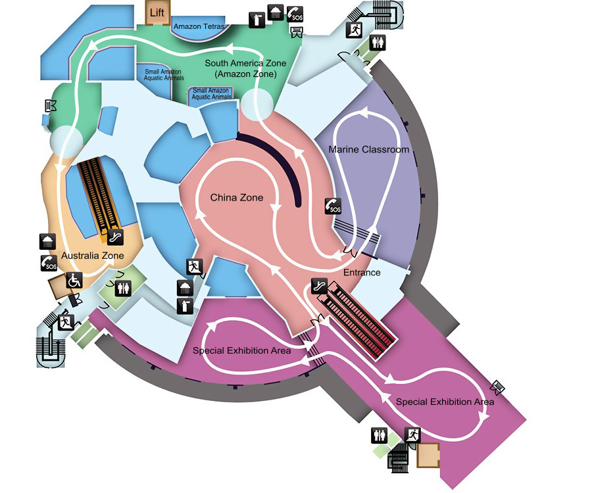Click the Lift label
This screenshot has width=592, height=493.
point(157,13)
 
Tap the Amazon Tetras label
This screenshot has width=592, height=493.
point(199,26)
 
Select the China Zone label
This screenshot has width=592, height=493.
point(237,197)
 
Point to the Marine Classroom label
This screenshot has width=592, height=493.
point(369,149)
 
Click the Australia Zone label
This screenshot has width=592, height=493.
point(93,256)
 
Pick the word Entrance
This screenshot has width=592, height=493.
point(362,272)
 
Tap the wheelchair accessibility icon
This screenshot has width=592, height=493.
point(74,280)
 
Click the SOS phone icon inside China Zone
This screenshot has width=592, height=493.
point(333,206)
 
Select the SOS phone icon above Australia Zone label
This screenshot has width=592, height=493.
point(49,263)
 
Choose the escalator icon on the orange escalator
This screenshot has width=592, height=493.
point(115,237)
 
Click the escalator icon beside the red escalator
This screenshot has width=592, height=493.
point(320,286)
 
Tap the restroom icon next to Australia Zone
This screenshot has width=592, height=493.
point(124,289)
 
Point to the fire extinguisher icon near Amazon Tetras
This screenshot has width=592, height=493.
point(257,20)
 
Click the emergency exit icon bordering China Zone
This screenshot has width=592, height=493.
point(195,267)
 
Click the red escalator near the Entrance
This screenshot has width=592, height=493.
point(357,320)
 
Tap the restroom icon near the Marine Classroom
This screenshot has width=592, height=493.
point(378,43)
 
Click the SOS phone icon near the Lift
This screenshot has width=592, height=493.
point(295,14)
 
